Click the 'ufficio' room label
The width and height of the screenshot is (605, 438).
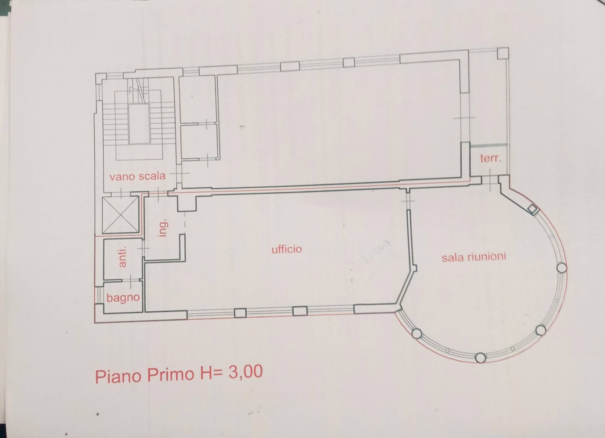coord(287,249)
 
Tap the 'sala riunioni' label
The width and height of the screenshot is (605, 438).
coord(474,257)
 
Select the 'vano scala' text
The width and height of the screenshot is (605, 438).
coord(137,176)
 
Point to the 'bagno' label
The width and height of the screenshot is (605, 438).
coord(123,298)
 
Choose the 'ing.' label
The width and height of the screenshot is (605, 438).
coord(163,227)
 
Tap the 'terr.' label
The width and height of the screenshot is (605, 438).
coord(491,159)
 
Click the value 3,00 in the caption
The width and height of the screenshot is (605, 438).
coord(245,372)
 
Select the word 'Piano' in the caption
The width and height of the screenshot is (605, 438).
coord(118,376)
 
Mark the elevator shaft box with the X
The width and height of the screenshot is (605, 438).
coord(120,215)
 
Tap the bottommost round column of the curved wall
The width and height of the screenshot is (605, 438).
coord(480,358)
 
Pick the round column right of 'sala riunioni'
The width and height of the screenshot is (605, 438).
coord(561,268)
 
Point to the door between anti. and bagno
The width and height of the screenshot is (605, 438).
coord(131,281)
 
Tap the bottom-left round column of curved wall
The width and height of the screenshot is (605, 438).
coord(417,334)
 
